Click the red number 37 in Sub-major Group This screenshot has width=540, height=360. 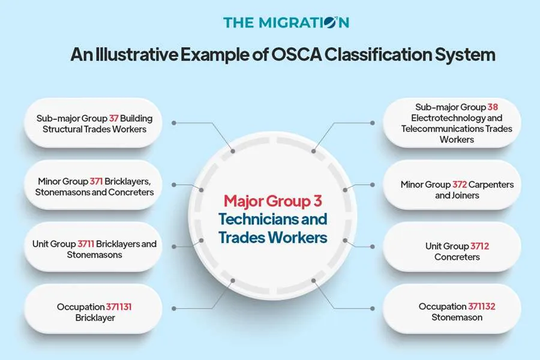(114, 118)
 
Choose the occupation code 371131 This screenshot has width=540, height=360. (119, 307)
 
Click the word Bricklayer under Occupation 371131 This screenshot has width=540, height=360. (95, 318)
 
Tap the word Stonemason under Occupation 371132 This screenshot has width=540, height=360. (457, 317)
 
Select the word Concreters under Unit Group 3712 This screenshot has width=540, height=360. (457, 257)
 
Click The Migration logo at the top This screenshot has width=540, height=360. (286, 23)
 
